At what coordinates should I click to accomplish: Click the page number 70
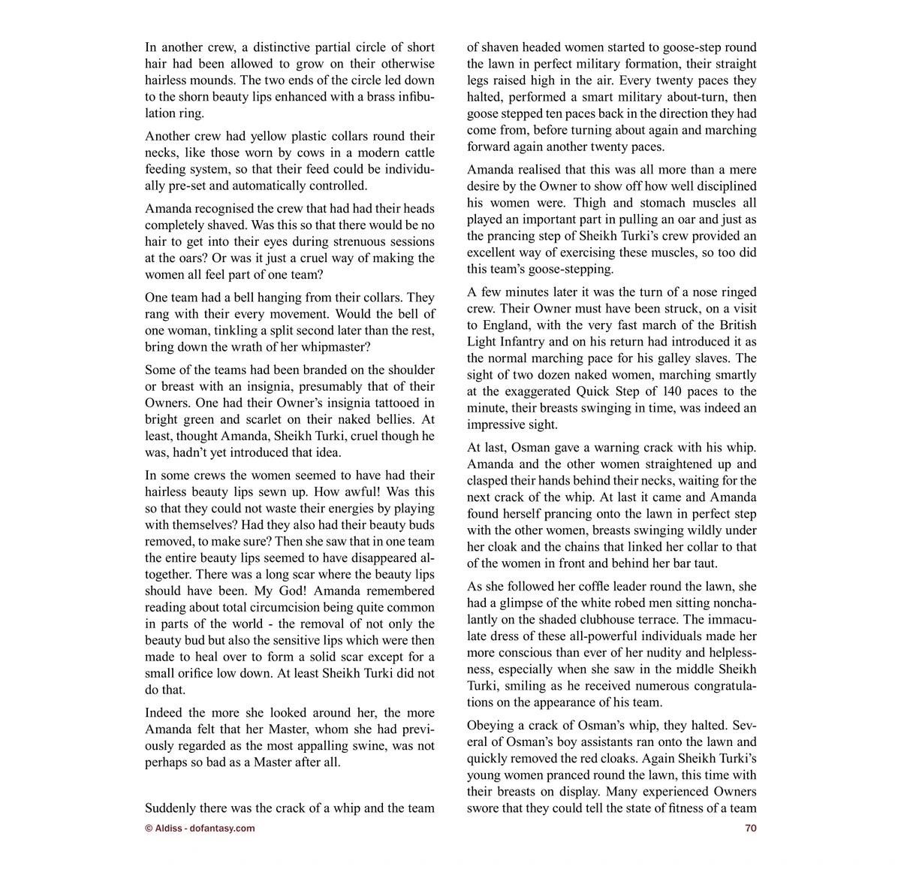pos(750,828)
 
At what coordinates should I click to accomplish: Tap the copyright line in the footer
pos(200,828)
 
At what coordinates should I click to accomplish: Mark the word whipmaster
pos(331,347)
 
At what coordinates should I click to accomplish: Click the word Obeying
pos(492,726)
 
